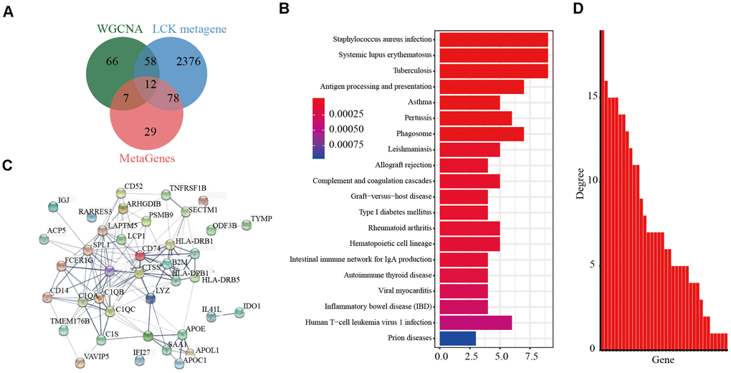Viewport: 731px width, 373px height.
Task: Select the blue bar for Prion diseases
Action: click(457, 337)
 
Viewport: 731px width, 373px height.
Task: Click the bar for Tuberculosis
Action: click(493, 70)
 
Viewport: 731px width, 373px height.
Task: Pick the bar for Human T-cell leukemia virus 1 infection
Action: click(475, 322)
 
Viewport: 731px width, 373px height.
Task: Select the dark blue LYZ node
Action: click(150, 298)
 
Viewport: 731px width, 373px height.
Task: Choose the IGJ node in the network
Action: click(53, 207)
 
